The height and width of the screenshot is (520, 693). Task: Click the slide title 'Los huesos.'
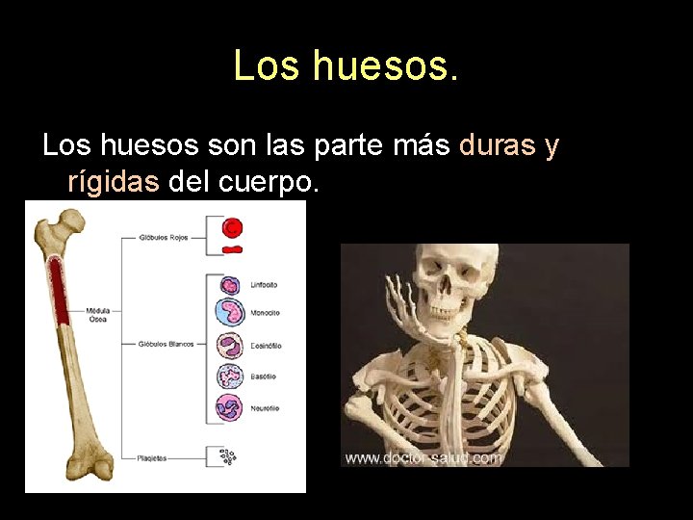pos(346,65)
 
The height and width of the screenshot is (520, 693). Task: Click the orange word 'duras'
pos(498,145)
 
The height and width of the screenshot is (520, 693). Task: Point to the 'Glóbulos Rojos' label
pos(165,235)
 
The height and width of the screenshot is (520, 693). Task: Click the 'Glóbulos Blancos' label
pos(167,344)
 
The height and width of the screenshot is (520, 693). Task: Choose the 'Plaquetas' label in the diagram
pos(152,458)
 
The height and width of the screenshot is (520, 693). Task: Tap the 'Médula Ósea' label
pos(97,314)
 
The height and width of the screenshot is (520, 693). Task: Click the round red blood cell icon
pos(232,228)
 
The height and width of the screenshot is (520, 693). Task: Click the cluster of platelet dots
pos(228,457)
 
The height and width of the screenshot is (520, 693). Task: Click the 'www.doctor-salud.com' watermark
pos(423,457)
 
